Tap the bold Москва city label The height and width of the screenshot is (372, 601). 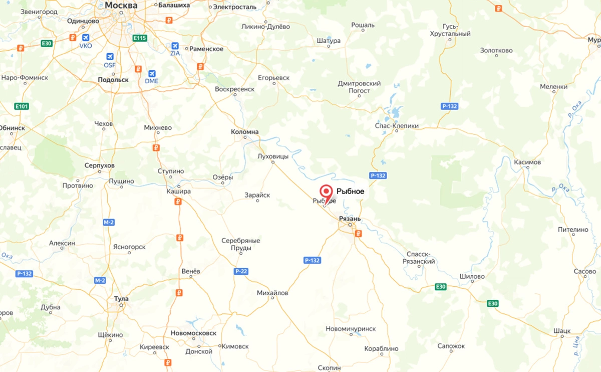121,5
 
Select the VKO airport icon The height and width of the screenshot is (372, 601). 86,38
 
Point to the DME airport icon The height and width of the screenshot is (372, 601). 151,73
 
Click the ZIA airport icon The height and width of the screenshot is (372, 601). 175,46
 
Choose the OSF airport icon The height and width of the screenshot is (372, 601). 110,57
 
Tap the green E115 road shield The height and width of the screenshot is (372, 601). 139,38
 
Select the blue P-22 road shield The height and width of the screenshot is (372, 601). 241,271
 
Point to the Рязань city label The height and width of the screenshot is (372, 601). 350,219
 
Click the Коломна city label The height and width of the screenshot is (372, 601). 244,132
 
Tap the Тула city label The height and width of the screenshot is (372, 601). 121,299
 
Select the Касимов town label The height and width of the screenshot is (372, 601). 527,162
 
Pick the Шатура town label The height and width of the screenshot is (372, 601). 329,41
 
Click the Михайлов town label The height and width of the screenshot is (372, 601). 272,293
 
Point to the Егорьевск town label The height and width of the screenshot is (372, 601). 273,78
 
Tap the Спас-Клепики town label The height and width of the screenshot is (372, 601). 397,126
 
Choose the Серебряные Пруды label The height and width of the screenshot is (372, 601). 241,244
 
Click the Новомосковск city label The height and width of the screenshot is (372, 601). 193,333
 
